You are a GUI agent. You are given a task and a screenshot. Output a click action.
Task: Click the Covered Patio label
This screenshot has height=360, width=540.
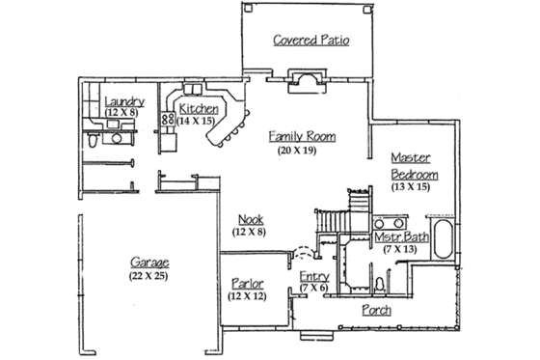(310, 41)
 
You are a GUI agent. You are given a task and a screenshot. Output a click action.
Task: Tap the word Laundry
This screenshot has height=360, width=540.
(125, 100)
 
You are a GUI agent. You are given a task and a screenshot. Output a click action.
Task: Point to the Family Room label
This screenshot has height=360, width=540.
(302, 137)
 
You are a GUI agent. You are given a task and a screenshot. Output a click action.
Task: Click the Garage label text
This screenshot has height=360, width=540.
(149, 263)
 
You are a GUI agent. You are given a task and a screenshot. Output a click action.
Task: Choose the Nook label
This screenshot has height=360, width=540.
(249, 218)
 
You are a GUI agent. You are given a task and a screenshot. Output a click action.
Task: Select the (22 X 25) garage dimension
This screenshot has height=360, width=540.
(149, 276)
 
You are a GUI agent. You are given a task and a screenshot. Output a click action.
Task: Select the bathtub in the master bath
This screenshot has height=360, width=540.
(445, 239)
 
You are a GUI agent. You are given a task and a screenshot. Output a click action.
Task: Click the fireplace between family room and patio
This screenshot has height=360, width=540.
(308, 81)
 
